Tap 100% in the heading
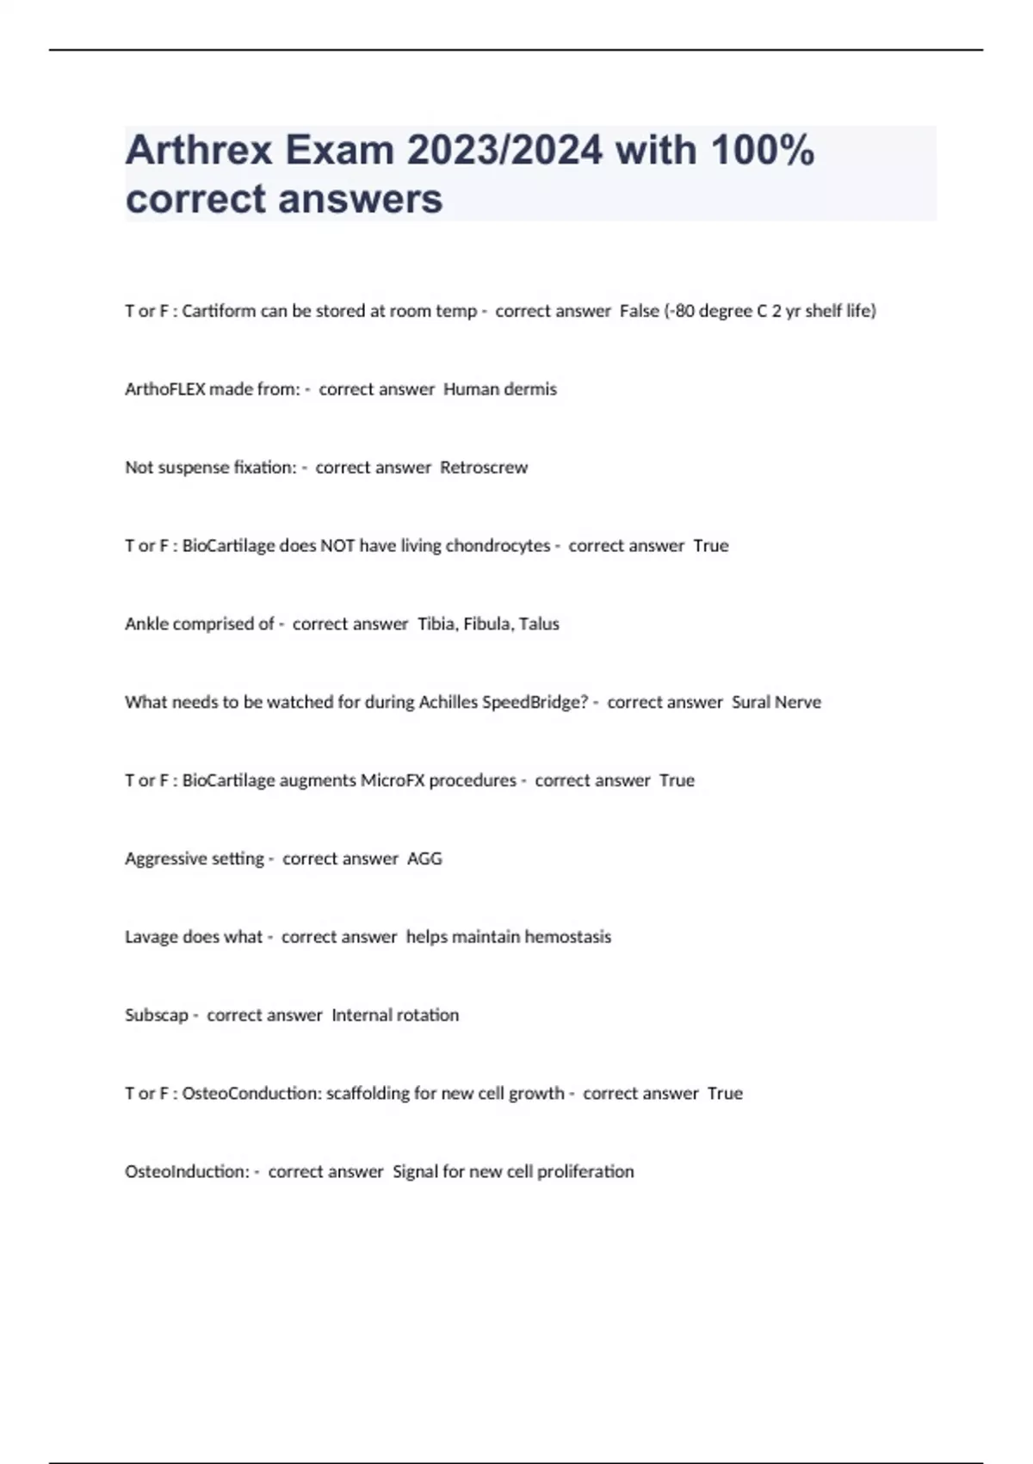click(762, 151)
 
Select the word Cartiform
click(219, 311)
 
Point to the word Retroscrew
click(484, 468)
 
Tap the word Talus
click(539, 624)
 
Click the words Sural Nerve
click(776, 703)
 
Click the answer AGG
click(424, 859)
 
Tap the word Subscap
click(156, 1015)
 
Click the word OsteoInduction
click(187, 1172)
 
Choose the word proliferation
click(585, 1172)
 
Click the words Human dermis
click(499, 389)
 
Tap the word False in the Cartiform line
click(639, 311)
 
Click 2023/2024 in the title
click(504, 151)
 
